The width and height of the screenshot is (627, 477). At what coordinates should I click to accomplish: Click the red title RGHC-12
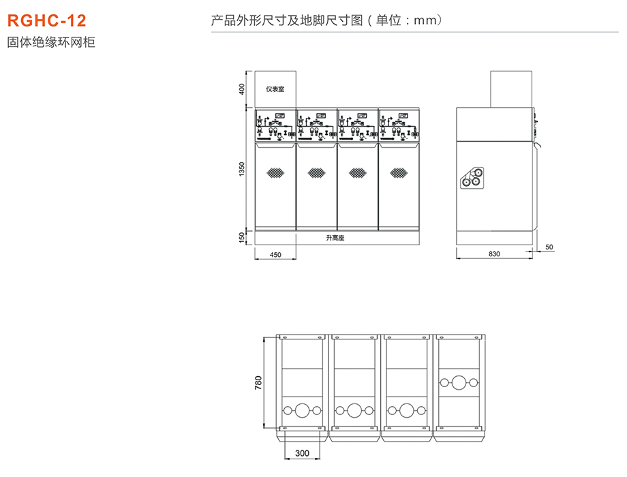[x=47, y=20]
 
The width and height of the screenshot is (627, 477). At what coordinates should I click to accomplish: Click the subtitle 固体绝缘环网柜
[x=51, y=42]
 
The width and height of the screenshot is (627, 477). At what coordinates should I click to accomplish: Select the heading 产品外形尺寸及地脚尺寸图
[x=286, y=20]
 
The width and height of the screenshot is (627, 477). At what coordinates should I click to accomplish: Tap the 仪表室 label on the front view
[x=275, y=89]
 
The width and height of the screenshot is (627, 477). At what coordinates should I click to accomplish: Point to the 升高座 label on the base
[x=335, y=238]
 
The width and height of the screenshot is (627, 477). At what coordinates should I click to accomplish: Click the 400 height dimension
[x=242, y=89]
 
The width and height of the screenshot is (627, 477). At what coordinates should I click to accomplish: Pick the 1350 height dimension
[x=242, y=169]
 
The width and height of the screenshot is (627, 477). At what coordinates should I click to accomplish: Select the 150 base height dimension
[x=242, y=238]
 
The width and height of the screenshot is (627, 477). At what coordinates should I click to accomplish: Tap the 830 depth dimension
[x=494, y=254]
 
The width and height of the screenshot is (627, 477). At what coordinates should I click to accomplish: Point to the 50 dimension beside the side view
[x=550, y=247]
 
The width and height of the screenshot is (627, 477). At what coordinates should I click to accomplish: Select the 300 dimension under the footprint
[x=302, y=452]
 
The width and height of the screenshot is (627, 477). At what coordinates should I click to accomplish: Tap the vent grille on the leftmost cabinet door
[x=275, y=173]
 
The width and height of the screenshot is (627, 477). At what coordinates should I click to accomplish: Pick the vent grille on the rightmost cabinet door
[x=397, y=173]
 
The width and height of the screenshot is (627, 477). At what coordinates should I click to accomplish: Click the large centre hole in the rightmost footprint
[x=459, y=383]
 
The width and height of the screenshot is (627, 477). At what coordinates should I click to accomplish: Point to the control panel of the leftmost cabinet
[x=275, y=125]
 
